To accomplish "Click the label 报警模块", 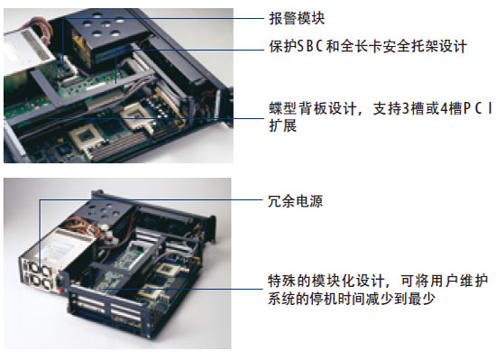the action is [x=297, y=18].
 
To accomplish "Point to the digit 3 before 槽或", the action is [x=406, y=108].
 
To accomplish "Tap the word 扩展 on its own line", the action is [x=283, y=125].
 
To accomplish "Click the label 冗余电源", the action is [x=296, y=201].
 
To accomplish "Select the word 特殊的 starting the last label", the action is [x=289, y=281].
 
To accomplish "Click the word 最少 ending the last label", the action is [x=421, y=299].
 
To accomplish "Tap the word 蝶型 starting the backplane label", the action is [x=282, y=108].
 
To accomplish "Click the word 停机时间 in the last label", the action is [x=337, y=299].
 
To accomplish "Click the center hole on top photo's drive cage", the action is [x=106, y=24].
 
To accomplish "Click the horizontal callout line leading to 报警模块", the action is [x=163, y=18].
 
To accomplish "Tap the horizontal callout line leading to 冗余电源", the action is [x=152, y=199].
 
